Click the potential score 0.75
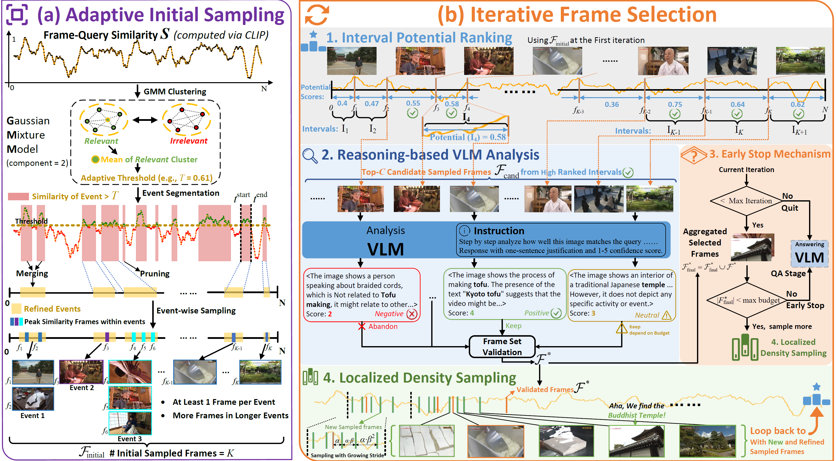pos(675,105)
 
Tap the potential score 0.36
pos(611,105)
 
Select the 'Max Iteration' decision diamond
pos(746,201)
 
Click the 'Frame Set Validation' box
pos(502,347)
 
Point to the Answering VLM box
pos(809,253)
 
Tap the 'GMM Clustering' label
pos(175,92)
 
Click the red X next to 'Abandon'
pos(362,326)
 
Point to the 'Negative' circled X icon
pos(412,314)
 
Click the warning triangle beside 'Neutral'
pos(666,315)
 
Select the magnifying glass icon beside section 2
pos(310,156)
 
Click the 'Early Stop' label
pos(805,305)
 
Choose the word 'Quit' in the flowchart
pos(789,208)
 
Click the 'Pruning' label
pos(154,273)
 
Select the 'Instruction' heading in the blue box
pos(499,231)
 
